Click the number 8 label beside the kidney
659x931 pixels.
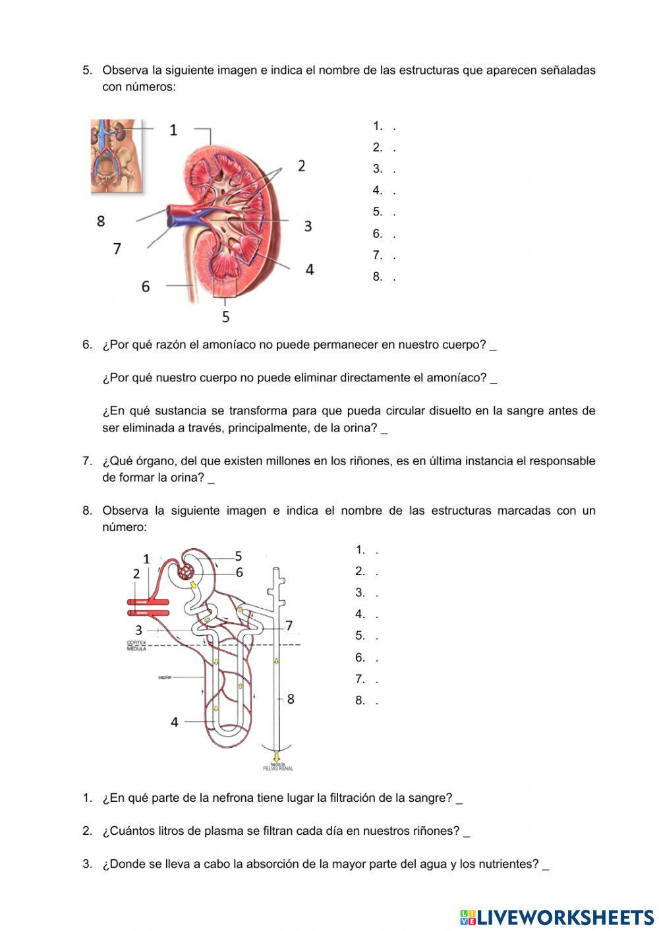[101, 221]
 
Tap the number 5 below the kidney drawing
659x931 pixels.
[225, 317]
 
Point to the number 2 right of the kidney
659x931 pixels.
[301, 165]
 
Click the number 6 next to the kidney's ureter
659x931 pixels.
[146, 286]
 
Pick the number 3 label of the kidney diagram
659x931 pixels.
[308, 226]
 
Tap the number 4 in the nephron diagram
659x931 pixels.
[175, 722]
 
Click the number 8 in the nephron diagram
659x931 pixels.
[291, 698]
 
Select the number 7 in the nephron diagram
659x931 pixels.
[289, 626]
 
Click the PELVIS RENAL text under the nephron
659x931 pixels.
[278, 768]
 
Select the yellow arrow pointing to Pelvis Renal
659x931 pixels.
[277, 757]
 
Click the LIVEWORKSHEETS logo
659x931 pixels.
[557, 917]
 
